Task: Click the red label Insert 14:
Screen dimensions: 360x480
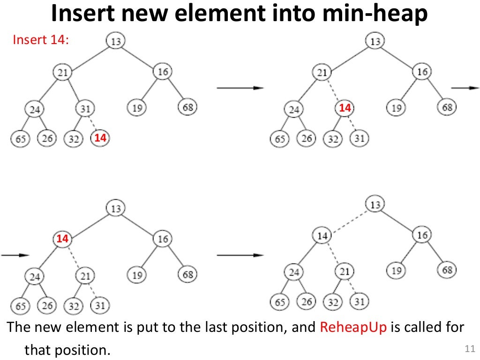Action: [41, 40]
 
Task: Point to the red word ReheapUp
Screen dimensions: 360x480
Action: [353, 327]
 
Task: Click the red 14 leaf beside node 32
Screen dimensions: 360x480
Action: [100, 138]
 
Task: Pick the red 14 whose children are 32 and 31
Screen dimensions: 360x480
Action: [345, 108]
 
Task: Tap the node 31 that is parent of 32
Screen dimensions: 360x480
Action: [85, 109]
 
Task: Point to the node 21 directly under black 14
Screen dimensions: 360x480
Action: [345, 271]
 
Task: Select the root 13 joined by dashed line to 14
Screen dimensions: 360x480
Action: [375, 204]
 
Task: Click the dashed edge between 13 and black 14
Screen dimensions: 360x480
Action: [348, 220]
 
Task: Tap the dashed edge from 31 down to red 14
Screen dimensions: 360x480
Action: [93, 124]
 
